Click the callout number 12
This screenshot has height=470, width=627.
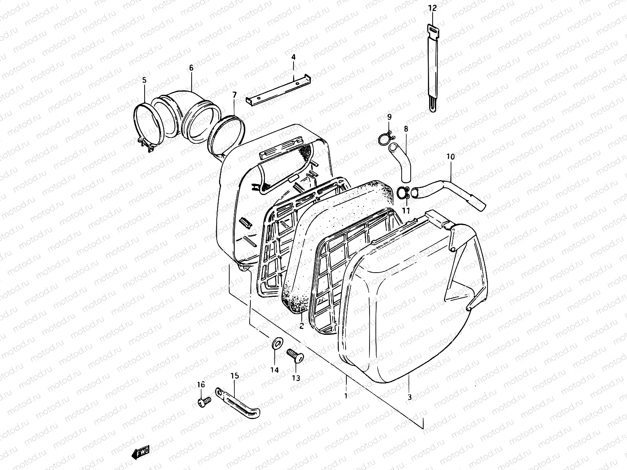(432, 7)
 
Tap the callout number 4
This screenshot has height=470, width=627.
(293, 57)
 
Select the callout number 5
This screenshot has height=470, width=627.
(144, 80)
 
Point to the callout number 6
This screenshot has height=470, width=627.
(191, 68)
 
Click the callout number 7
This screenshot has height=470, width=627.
(234, 95)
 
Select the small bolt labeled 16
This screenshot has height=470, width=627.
(203, 401)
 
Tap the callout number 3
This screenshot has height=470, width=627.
(410, 397)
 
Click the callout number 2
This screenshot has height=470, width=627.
(301, 326)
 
